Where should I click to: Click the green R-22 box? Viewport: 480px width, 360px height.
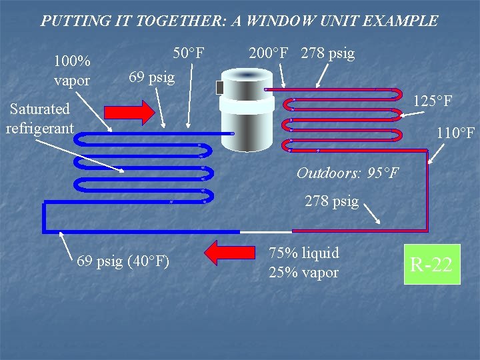click(x=432, y=265)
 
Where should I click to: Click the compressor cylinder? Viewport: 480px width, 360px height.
click(x=247, y=110)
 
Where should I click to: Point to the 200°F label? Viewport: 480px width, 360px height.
click(x=271, y=53)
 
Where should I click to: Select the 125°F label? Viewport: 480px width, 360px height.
click(x=433, y=101)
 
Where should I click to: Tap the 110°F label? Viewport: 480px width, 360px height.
click(x=455, y=133)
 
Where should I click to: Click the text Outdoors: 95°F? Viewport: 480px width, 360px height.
click(x=347, y=173)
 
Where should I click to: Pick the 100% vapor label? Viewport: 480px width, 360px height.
click(x=72, y=71)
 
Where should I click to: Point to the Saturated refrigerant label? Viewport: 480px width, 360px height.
click(x=39, y=117)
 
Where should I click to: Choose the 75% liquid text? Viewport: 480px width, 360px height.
click(x=303, y=253)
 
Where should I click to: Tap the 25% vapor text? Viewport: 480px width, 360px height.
click(x=303, y=272)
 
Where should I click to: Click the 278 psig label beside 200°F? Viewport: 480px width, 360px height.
click(x=327, y=53)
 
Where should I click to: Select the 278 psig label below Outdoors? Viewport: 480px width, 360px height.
click(x=331, y=201)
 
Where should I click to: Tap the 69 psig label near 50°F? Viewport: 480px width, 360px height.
click(x=151, y=77)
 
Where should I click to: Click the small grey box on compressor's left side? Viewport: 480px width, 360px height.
click(x=220, y=87)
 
